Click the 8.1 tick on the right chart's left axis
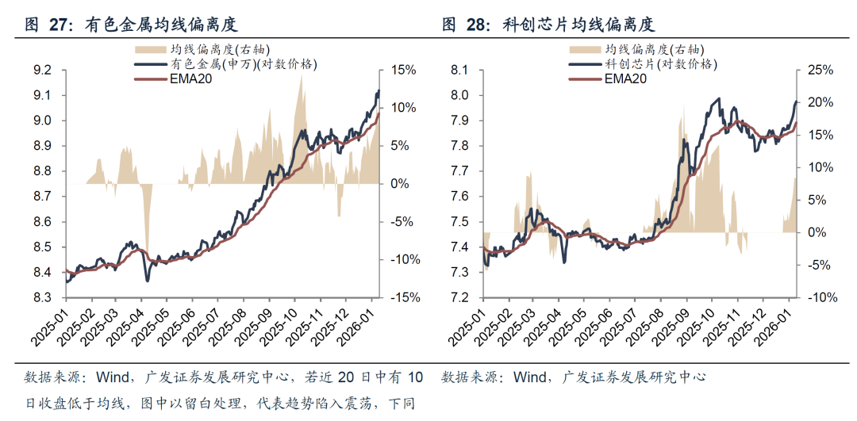coord(459,70)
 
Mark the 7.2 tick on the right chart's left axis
coord(459,298)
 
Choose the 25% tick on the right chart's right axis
coord(820,70)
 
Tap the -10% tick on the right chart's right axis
coord(818,298)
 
